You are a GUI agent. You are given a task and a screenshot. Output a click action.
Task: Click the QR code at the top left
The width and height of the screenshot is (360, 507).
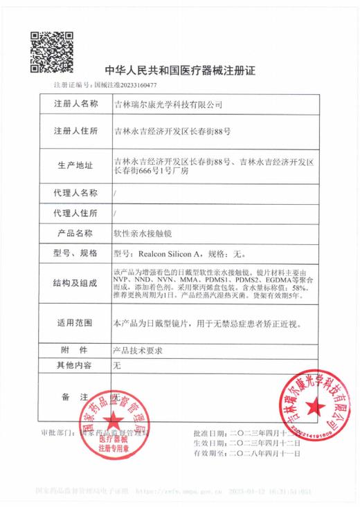point(50,48)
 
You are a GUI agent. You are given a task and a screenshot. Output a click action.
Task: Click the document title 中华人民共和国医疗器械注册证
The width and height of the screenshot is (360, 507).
point(179,71)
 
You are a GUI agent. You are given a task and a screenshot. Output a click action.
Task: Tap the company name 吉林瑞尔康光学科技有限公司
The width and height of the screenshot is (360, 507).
point(168,104)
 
